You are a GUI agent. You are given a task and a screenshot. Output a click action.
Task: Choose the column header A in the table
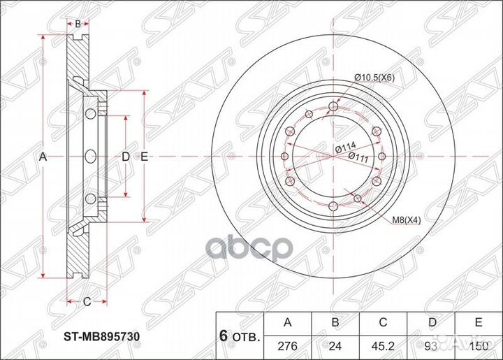click(288, 322)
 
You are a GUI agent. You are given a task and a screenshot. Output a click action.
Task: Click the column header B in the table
click(335, 322)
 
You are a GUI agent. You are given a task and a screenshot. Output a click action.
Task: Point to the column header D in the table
click(432, 322)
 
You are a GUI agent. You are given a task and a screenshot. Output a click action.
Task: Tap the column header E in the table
click(479, 322)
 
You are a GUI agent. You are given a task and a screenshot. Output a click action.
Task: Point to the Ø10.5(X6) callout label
click(374, 77)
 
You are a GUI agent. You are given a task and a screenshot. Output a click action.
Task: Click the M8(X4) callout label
click(406, 220)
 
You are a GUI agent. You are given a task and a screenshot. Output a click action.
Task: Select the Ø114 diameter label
click(343, 147)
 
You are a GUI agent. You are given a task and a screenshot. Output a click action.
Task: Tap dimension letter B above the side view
click(78, 23)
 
